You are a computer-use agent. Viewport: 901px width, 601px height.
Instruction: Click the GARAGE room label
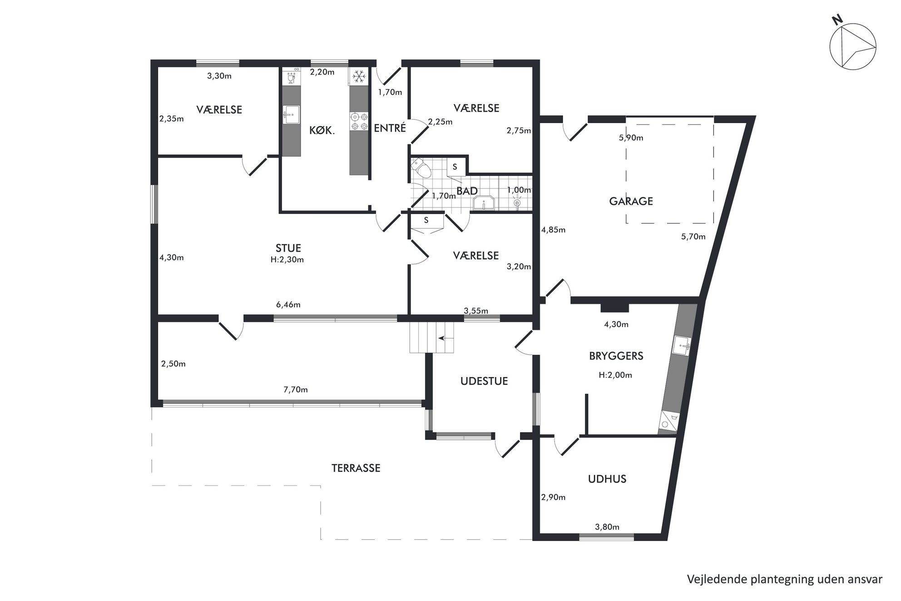coord(631,201)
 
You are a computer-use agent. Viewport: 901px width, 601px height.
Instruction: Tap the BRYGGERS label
coord(616,356)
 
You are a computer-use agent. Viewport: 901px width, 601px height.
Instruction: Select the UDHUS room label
coord(607,479)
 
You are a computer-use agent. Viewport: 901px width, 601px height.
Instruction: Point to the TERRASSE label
coord(356,468)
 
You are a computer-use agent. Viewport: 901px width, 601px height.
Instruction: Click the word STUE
coord(288,248)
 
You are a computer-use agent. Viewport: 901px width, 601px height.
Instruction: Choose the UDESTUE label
coord(484,381)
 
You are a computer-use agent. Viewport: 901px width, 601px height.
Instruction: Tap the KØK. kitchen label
coord(322,131)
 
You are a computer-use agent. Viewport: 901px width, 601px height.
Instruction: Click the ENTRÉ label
coord(390,128)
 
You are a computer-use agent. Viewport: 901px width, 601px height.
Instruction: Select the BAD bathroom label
coord(467,191)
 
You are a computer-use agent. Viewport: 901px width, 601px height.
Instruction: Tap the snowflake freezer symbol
coord(359,76)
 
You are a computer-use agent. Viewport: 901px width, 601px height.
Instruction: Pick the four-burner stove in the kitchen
coord(359,122)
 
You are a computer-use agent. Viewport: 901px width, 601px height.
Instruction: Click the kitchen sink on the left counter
coord(291,114)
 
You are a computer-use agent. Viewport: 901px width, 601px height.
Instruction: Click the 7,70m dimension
coord(295,390)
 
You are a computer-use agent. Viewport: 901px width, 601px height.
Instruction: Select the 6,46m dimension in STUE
coord(288,305)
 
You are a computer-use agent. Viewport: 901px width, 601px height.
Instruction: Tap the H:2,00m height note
coord(615,375)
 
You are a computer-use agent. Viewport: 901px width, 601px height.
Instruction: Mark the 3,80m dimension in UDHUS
coord(607,527)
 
